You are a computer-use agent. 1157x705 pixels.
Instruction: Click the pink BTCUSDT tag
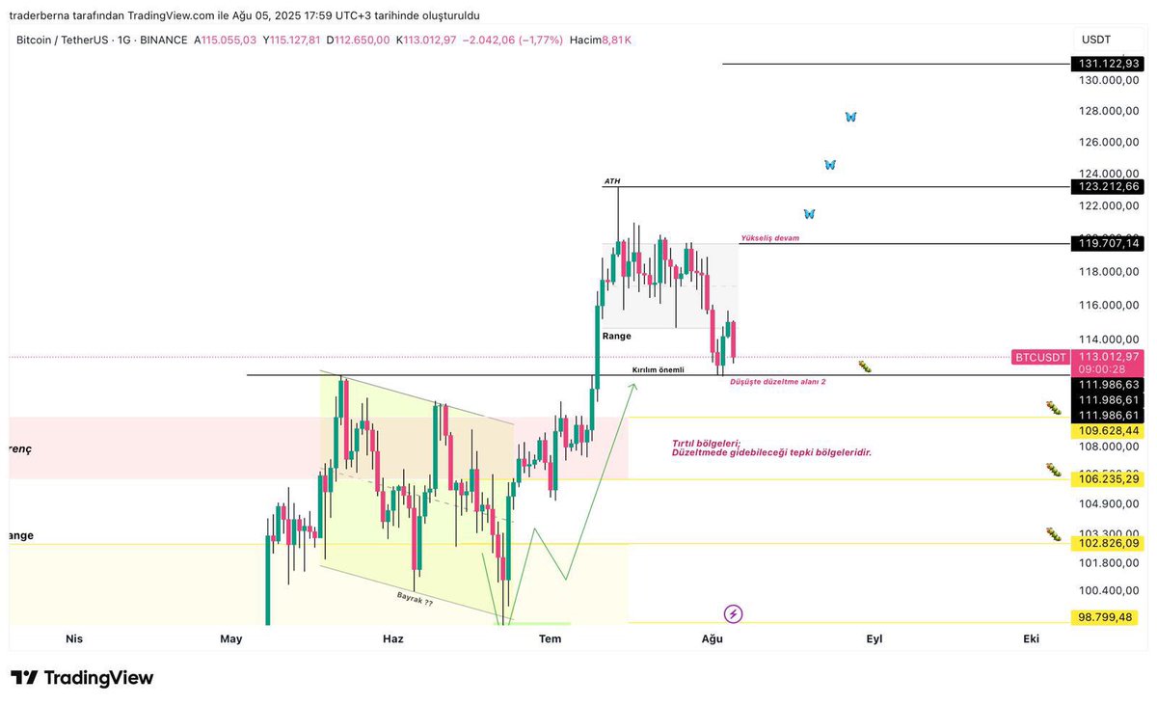point(1040,357)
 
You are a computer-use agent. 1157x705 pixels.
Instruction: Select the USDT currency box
point(1096,40)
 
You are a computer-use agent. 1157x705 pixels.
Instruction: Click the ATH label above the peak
point(612,181)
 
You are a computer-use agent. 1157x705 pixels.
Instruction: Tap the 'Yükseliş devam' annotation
point(769,237)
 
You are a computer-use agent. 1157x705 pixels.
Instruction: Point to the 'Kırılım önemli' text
point(658,369)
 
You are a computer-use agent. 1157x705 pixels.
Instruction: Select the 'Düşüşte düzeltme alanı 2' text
point(777,382)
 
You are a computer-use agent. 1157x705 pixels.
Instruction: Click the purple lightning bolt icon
point(733,613)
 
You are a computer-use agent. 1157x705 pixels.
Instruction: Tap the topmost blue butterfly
point(850,117)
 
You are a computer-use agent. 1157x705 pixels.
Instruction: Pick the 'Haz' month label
point(393,638)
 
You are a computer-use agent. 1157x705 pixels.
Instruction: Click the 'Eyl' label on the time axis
point(874,638)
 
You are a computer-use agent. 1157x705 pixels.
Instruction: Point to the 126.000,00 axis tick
point(1109,143)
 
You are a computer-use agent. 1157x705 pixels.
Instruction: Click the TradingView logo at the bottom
point(82,678)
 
